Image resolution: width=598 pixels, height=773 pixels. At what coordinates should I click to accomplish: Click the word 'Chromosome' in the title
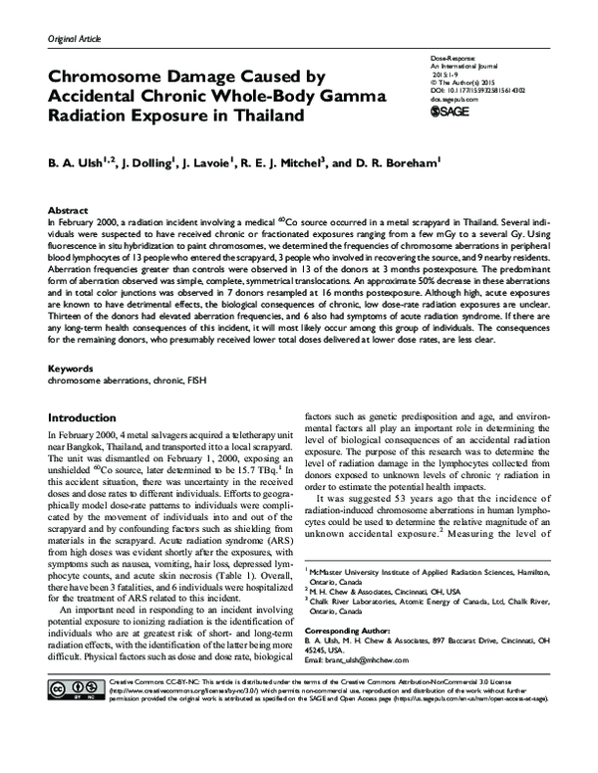127,75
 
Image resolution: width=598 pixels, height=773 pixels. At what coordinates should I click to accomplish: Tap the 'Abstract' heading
68,212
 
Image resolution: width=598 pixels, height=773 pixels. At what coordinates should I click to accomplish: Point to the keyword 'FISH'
179,380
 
